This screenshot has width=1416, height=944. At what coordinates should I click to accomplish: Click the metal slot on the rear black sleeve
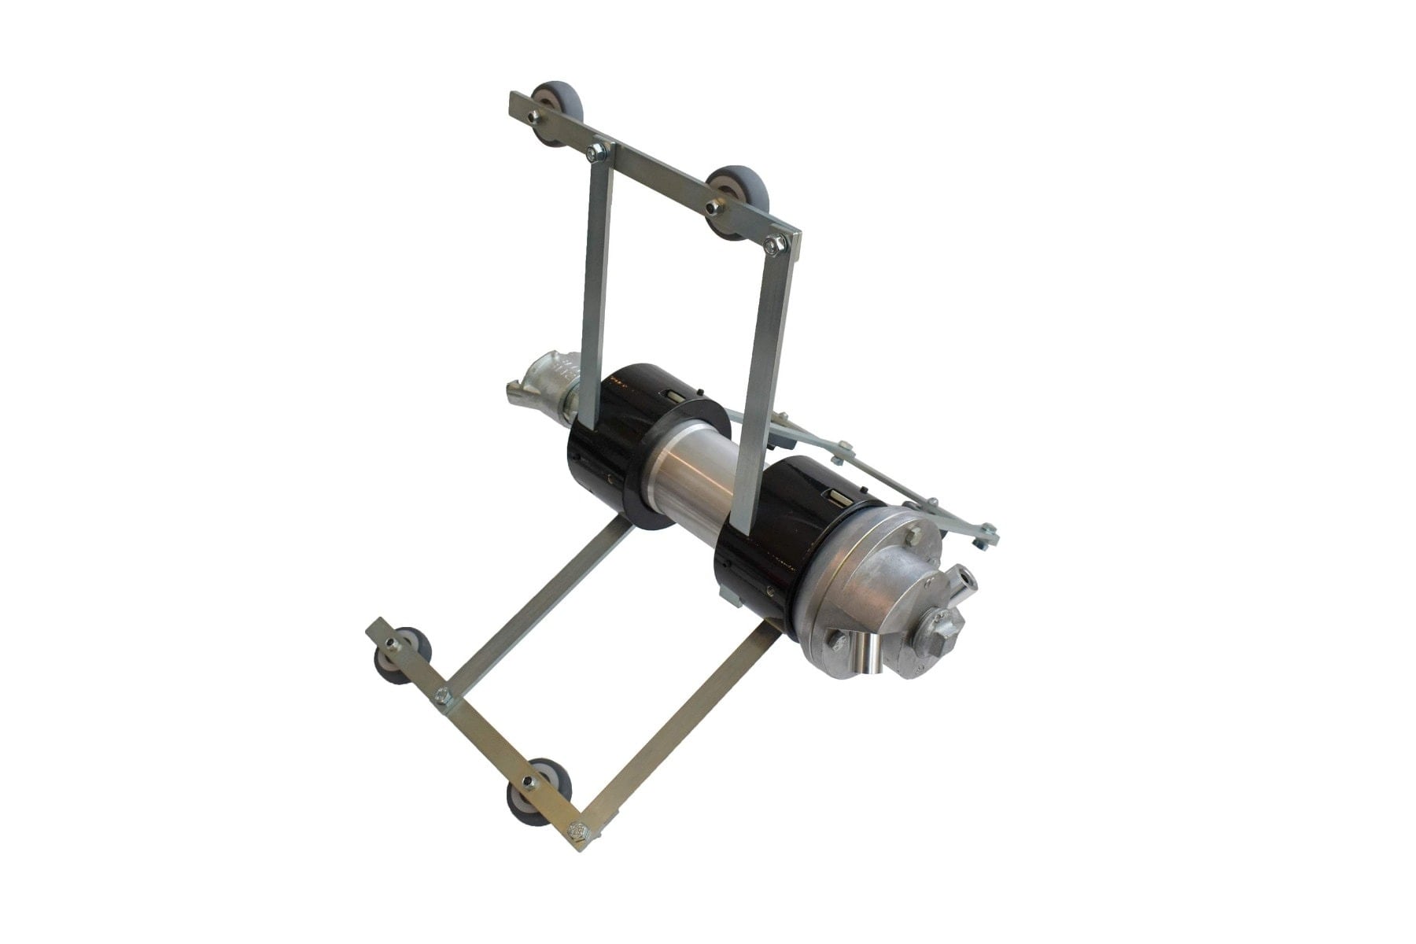(675, 393)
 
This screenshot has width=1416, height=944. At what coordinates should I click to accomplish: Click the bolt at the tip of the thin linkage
(981, 540)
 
